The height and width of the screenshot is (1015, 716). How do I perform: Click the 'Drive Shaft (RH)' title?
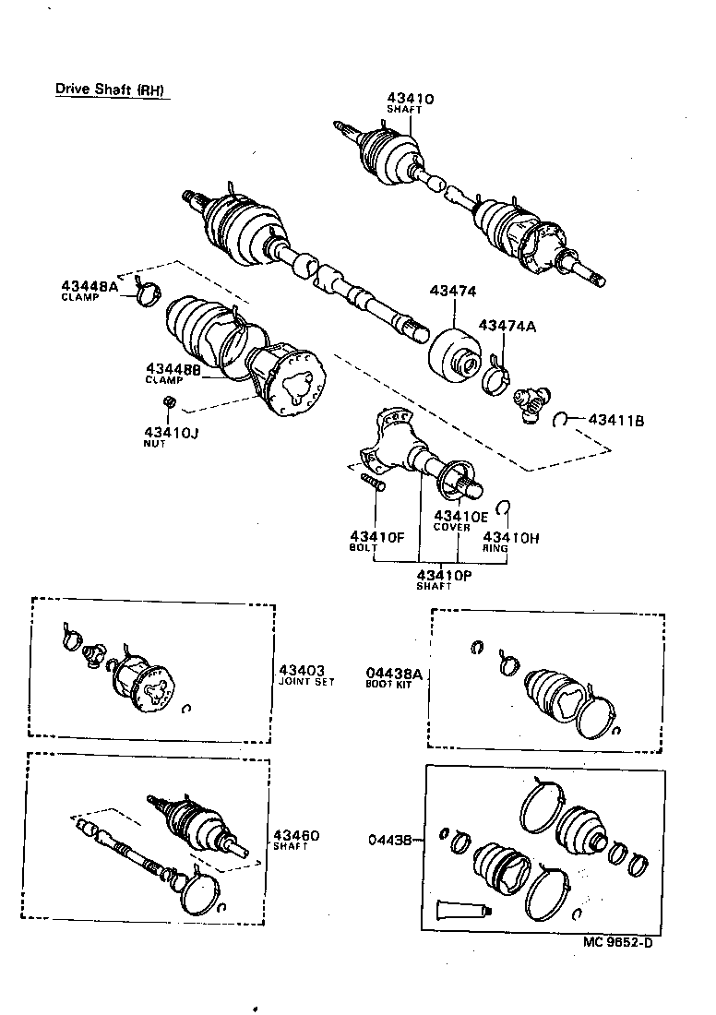click(111, 90)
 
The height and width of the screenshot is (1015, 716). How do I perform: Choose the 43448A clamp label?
click(90, 287)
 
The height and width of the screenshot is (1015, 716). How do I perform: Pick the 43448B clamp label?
click(174, 369)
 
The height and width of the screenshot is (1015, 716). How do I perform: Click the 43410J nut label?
click(170, 432)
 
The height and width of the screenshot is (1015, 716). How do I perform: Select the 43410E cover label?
click(460, 516)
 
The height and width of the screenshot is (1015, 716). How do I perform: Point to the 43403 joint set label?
click(299, 671)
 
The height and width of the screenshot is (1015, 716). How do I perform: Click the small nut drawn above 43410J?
click(169, 402)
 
